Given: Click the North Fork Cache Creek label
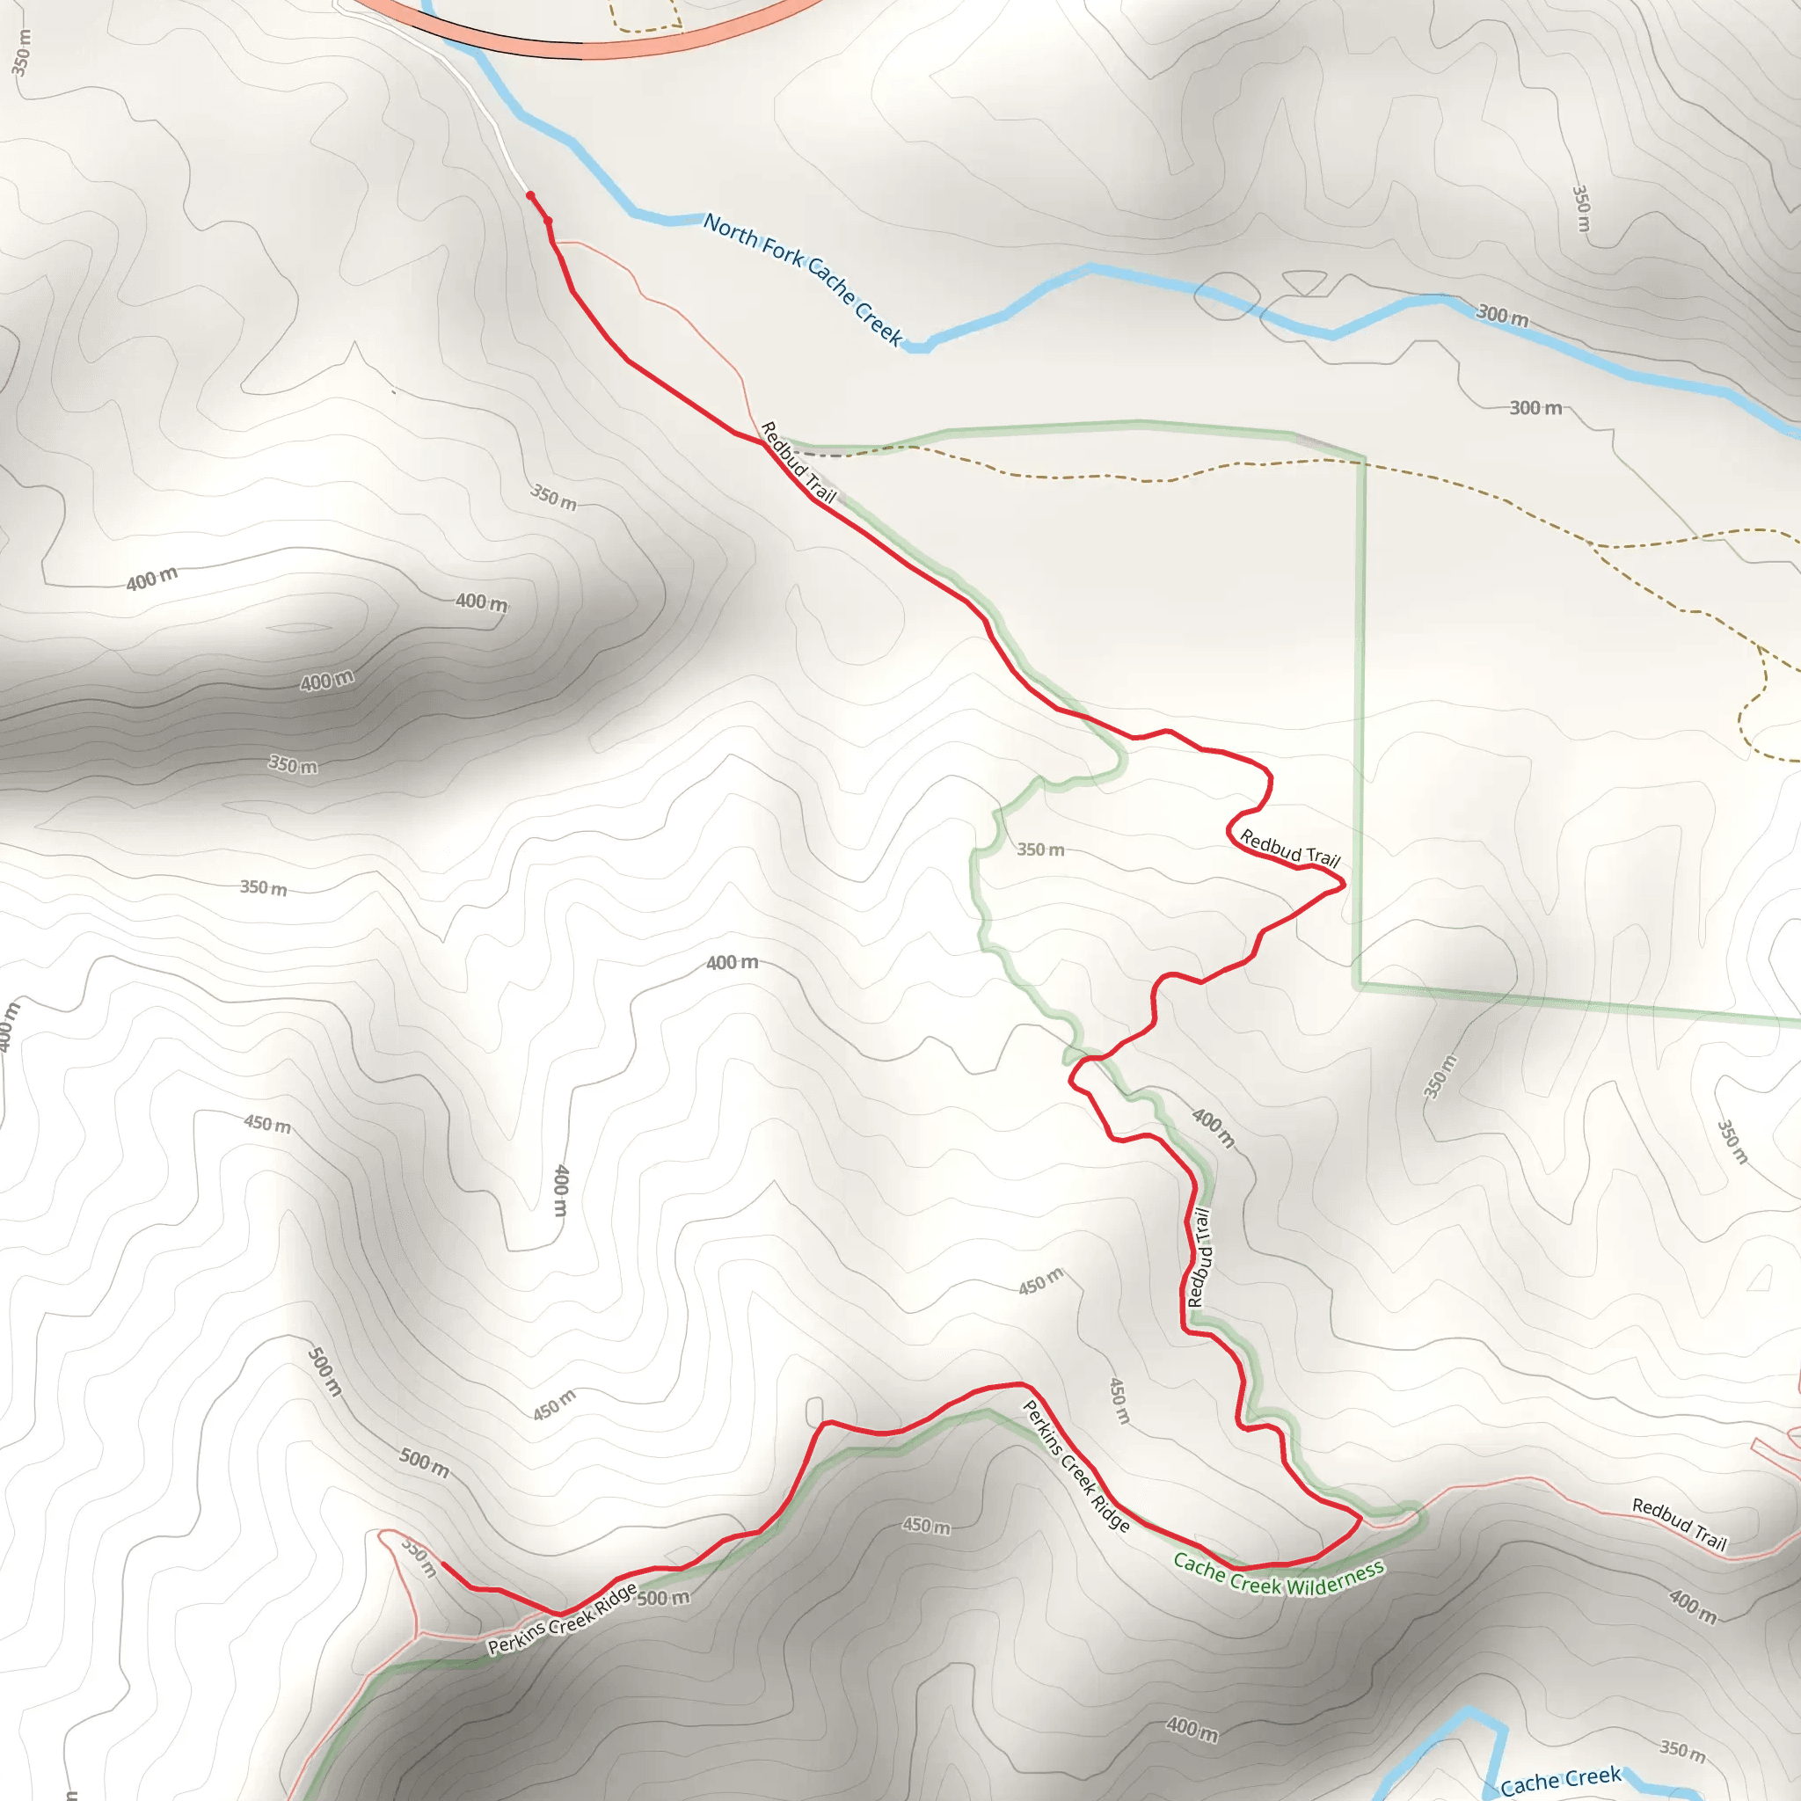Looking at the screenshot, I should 803,280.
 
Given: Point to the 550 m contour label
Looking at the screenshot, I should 419,1557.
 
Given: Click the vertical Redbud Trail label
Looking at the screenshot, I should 1199,1258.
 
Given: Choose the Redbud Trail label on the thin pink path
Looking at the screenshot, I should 1679,1523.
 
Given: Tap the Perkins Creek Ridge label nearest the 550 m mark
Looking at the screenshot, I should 562,1618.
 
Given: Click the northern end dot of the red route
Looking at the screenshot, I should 530,196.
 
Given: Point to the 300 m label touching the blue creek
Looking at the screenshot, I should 1503,315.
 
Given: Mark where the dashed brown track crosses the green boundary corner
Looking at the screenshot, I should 1363,460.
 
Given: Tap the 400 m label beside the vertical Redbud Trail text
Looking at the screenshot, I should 1214,1128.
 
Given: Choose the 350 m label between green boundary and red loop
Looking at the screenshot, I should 1040,849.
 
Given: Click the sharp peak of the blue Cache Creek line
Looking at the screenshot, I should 1469,1710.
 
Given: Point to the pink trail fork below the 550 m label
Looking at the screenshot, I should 419,1633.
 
